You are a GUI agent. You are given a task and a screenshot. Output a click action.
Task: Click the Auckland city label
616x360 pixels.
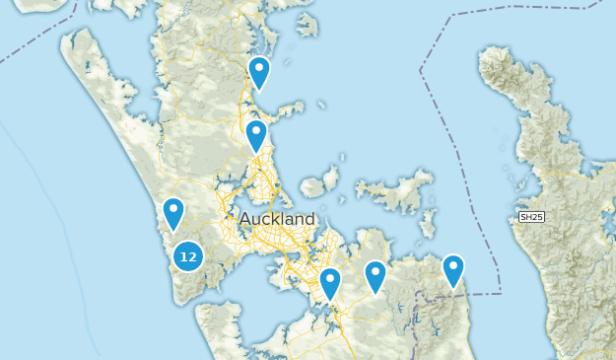coord(277,219)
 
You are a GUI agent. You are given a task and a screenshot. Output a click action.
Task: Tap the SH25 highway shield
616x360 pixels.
coord(531,217)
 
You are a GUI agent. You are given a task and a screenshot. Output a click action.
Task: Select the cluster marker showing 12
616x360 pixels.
coord(188,256)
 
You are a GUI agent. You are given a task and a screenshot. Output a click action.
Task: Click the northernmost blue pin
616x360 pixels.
coord(259,72)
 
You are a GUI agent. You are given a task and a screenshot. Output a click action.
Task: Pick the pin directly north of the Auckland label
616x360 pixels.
coord(256,135)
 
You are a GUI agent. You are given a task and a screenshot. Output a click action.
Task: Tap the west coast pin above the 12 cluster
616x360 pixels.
coord(173,213)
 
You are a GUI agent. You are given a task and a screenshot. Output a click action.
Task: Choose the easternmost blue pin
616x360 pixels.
coord(452,269)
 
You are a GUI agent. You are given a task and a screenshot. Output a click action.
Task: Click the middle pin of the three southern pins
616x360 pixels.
coord(376,276)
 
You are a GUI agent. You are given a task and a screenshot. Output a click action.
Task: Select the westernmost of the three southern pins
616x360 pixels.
coord(330,283)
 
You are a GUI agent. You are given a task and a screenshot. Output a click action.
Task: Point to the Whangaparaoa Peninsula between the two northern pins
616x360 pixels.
coord(286,108)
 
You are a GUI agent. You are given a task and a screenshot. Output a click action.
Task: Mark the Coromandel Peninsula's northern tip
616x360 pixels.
coord(490,54)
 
